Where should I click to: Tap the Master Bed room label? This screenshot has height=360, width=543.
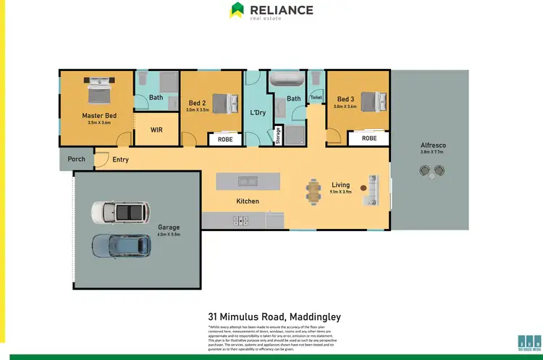[99, 115]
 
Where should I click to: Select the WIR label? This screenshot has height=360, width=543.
[157, 130]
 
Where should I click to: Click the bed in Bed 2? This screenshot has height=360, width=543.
[224, 102]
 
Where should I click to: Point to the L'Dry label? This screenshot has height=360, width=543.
[256, 113]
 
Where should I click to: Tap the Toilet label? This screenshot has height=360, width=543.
[316, 97]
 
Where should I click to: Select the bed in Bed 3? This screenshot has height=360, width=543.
[369, 101]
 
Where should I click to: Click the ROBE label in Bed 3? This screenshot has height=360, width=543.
[369, 138]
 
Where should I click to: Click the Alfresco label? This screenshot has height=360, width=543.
[433, 146]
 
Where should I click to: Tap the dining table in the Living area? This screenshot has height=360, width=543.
[314, 191]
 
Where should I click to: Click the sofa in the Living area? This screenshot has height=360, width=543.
[374, 191]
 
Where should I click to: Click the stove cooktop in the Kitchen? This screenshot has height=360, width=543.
[240, 220]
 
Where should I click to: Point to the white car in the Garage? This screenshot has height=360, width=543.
[120, 212]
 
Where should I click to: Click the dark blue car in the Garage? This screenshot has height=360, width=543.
[120, 246]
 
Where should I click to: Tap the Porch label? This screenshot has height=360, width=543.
[76, 159]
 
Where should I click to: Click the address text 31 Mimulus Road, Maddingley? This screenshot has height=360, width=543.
[274, 317]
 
